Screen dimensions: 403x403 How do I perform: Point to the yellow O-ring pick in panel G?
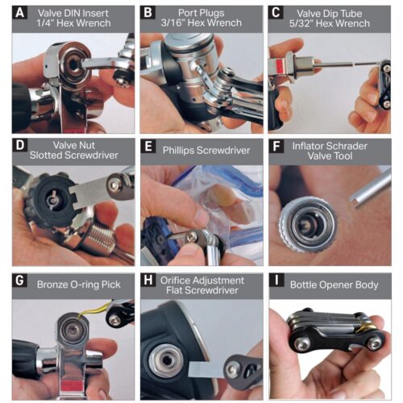click(x=93, y=308)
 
